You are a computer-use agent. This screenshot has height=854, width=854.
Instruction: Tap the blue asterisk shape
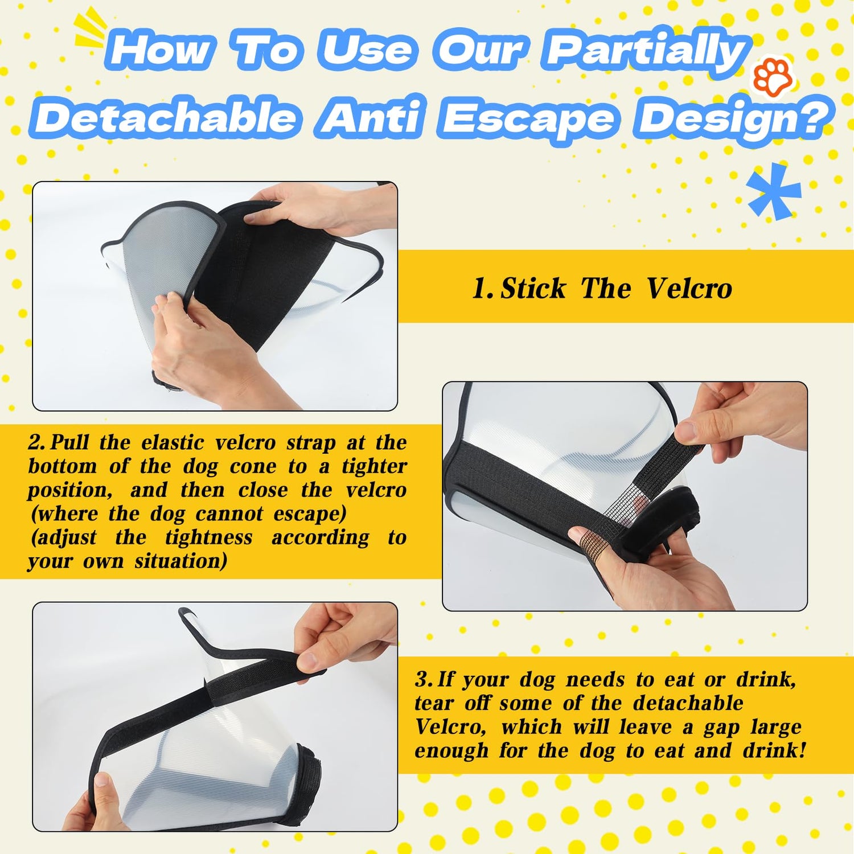[774, 191]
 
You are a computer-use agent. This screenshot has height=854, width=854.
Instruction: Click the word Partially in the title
[647, 50]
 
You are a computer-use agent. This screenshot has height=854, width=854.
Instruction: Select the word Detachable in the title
[166, 117]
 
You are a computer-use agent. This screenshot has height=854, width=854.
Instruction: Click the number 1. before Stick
[483, 289]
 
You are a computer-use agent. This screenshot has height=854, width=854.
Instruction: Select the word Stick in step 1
[533, 288]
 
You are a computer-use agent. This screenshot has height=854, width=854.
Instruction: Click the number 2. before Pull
[38, 442]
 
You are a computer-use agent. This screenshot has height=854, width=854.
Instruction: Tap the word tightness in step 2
[209, 537]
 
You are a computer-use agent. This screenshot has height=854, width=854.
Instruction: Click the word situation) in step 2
[181, 561]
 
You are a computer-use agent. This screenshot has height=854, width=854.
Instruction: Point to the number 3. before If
[424, 679]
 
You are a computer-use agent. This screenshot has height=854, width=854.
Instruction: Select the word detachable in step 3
[688, 703]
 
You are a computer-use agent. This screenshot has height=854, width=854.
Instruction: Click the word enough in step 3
[451, 751]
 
